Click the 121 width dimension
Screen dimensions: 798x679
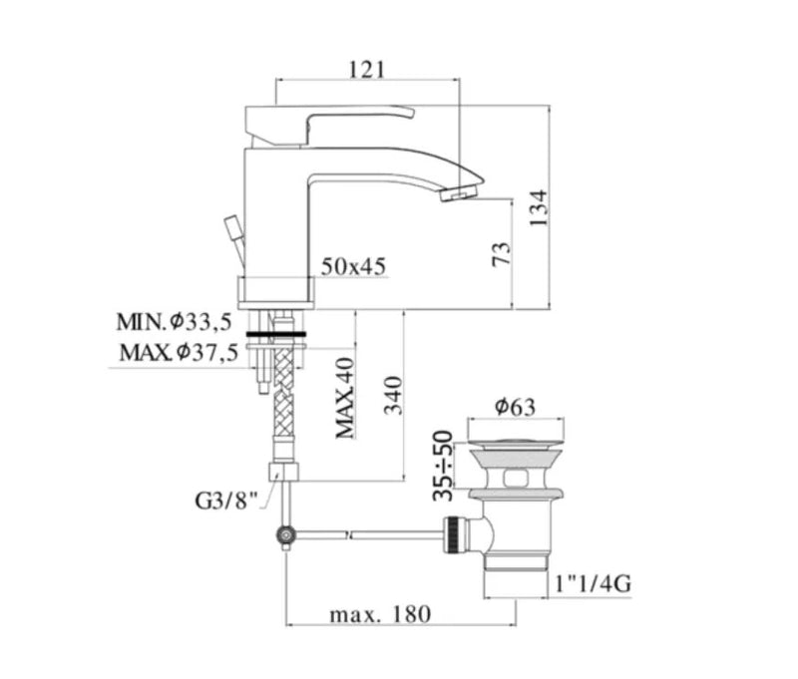pos(366,69)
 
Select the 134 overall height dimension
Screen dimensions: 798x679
pos(538,208)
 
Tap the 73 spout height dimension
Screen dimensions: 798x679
pos(502,253)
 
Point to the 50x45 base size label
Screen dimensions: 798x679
pos(353,266)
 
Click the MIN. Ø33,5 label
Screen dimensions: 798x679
pos(174,321)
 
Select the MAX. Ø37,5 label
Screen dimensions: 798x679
pos(179,352)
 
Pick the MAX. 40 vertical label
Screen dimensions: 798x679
pos(344,398)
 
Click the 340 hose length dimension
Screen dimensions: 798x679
pos(393,395)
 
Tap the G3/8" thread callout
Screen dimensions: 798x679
pos(227,501)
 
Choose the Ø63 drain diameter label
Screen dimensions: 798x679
pos(515,407)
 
